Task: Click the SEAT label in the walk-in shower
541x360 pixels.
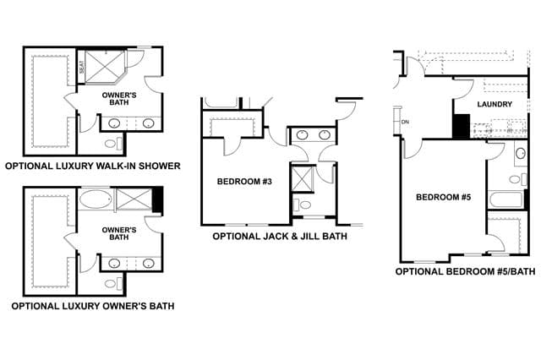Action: point(82,67)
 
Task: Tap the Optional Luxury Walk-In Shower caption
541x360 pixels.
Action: point(93,166)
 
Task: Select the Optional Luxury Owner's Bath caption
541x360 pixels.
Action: point(93,306)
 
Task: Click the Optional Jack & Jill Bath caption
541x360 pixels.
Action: point(280,237)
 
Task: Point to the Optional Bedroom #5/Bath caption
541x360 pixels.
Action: point(466,271)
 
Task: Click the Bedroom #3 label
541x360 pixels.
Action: point(244,182)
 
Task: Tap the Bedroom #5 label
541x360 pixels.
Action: point(444,197)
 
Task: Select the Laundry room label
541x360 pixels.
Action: point(495,104)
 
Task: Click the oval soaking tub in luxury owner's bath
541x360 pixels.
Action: point(96,199)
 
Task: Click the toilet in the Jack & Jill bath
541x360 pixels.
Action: point(302,205)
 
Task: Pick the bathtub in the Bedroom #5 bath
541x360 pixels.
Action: point(505,200)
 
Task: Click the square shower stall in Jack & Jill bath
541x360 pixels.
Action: point(303,178)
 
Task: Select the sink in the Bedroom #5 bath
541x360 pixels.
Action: point(521,153)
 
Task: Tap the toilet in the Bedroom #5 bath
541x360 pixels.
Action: point(518,179)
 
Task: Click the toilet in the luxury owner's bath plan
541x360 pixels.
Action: point(113,284)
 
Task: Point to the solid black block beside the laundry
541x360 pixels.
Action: point(462,126)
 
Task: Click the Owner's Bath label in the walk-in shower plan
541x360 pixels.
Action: point(119,99)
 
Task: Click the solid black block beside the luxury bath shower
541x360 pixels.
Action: point(157,200)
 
